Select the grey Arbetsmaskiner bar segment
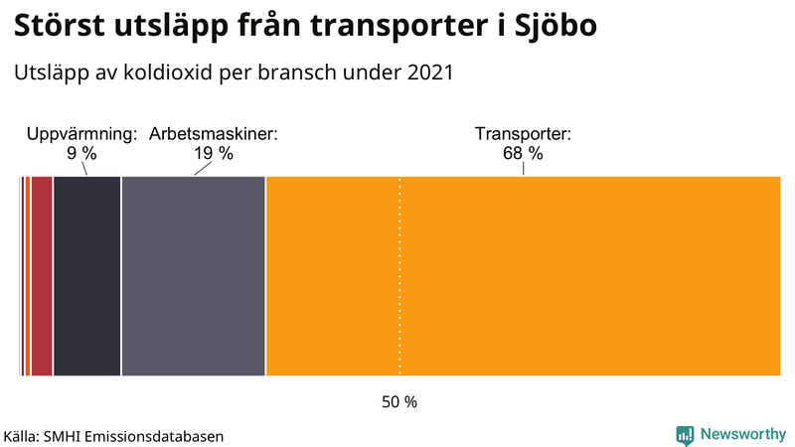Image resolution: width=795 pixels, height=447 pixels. click(x=194, y=276)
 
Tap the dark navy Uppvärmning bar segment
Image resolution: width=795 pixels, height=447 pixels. click(x=86, y=276)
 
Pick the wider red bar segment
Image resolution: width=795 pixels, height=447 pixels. click(x=42, y=276)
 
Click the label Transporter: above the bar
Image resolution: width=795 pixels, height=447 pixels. click(x=523, y=133)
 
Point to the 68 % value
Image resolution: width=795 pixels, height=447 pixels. click(x=523, y=153)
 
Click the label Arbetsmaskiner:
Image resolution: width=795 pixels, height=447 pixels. click(x=213, y=133)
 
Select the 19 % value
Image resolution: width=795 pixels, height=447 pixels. click(x=213, y=153)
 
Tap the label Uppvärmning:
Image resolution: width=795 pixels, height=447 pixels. click(x=81, y=133)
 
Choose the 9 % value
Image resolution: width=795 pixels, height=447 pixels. click(x=81, y=153)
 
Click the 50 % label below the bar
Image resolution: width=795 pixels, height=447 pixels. click(x=399, y=402)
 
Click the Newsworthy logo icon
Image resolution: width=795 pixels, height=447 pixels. click(x=685, y=434)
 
